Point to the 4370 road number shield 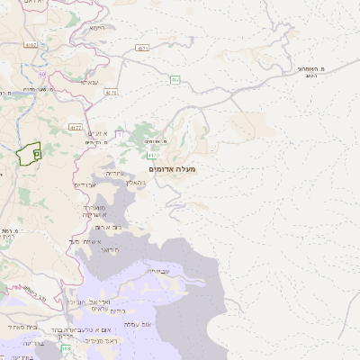point(111,91)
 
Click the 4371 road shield point(142,47)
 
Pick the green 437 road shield point(175,79)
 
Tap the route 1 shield point(118,133)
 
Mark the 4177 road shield point(76,129)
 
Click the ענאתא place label point(89,82)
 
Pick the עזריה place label point(113,171)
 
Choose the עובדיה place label point(157,270)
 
